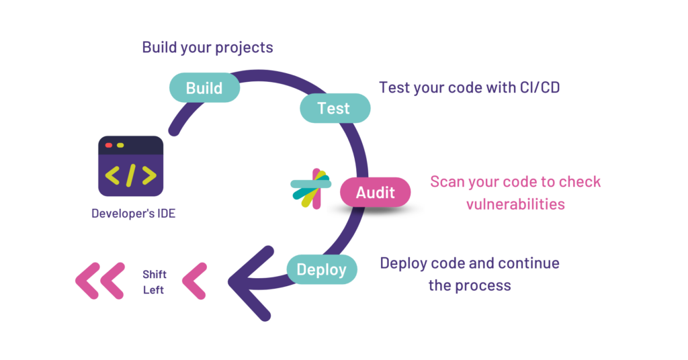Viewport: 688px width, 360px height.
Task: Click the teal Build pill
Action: [x=204, y=88]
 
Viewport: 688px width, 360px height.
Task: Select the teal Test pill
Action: [x=334, y=108]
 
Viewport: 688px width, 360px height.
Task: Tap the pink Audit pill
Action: [x=375, y=193]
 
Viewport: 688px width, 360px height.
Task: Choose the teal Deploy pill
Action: [x=322, y=270]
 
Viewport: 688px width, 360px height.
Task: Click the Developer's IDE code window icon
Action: [x=130, y=166]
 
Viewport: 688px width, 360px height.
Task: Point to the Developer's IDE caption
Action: [x=133, y=214]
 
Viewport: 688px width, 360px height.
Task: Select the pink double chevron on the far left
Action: [x=100, y=280]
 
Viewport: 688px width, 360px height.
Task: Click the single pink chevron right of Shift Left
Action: [x=194, y=280]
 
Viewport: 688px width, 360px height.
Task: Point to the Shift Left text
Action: [x=154, y=282]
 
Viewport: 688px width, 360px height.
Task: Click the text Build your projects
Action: [x=207, y=48]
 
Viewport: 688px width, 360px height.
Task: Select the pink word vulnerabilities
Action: [x=515, y=204]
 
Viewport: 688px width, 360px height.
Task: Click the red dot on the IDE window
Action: [x=108, y=145]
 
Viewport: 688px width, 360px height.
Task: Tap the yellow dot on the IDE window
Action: [x=120, y=145]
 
